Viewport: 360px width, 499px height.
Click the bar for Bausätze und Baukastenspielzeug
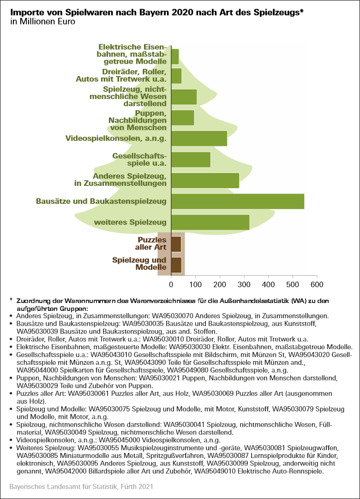coord(238,202)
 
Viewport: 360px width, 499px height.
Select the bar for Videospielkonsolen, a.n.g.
coord(199,138)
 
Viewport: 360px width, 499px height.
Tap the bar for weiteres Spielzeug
coord(210,222)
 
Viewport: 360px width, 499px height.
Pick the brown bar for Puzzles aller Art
coord(176,244)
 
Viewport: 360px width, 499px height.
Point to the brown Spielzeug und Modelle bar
coord(176,264)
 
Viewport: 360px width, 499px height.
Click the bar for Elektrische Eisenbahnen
coord(175,56)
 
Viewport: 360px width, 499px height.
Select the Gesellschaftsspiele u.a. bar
coord(191,160)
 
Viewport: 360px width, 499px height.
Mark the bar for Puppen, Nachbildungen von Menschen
coord(183,118)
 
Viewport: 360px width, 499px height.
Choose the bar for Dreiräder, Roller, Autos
coord(176,76)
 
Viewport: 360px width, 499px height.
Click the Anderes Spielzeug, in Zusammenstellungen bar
coord(205,180)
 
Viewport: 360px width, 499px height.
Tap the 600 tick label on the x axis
coord(317,283)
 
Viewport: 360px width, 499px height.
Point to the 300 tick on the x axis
coord(244,283)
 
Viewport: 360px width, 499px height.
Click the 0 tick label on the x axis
coord(171,283)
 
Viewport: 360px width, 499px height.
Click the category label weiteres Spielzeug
coord(130,223)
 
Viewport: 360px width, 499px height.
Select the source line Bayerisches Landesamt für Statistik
coord(81,487)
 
